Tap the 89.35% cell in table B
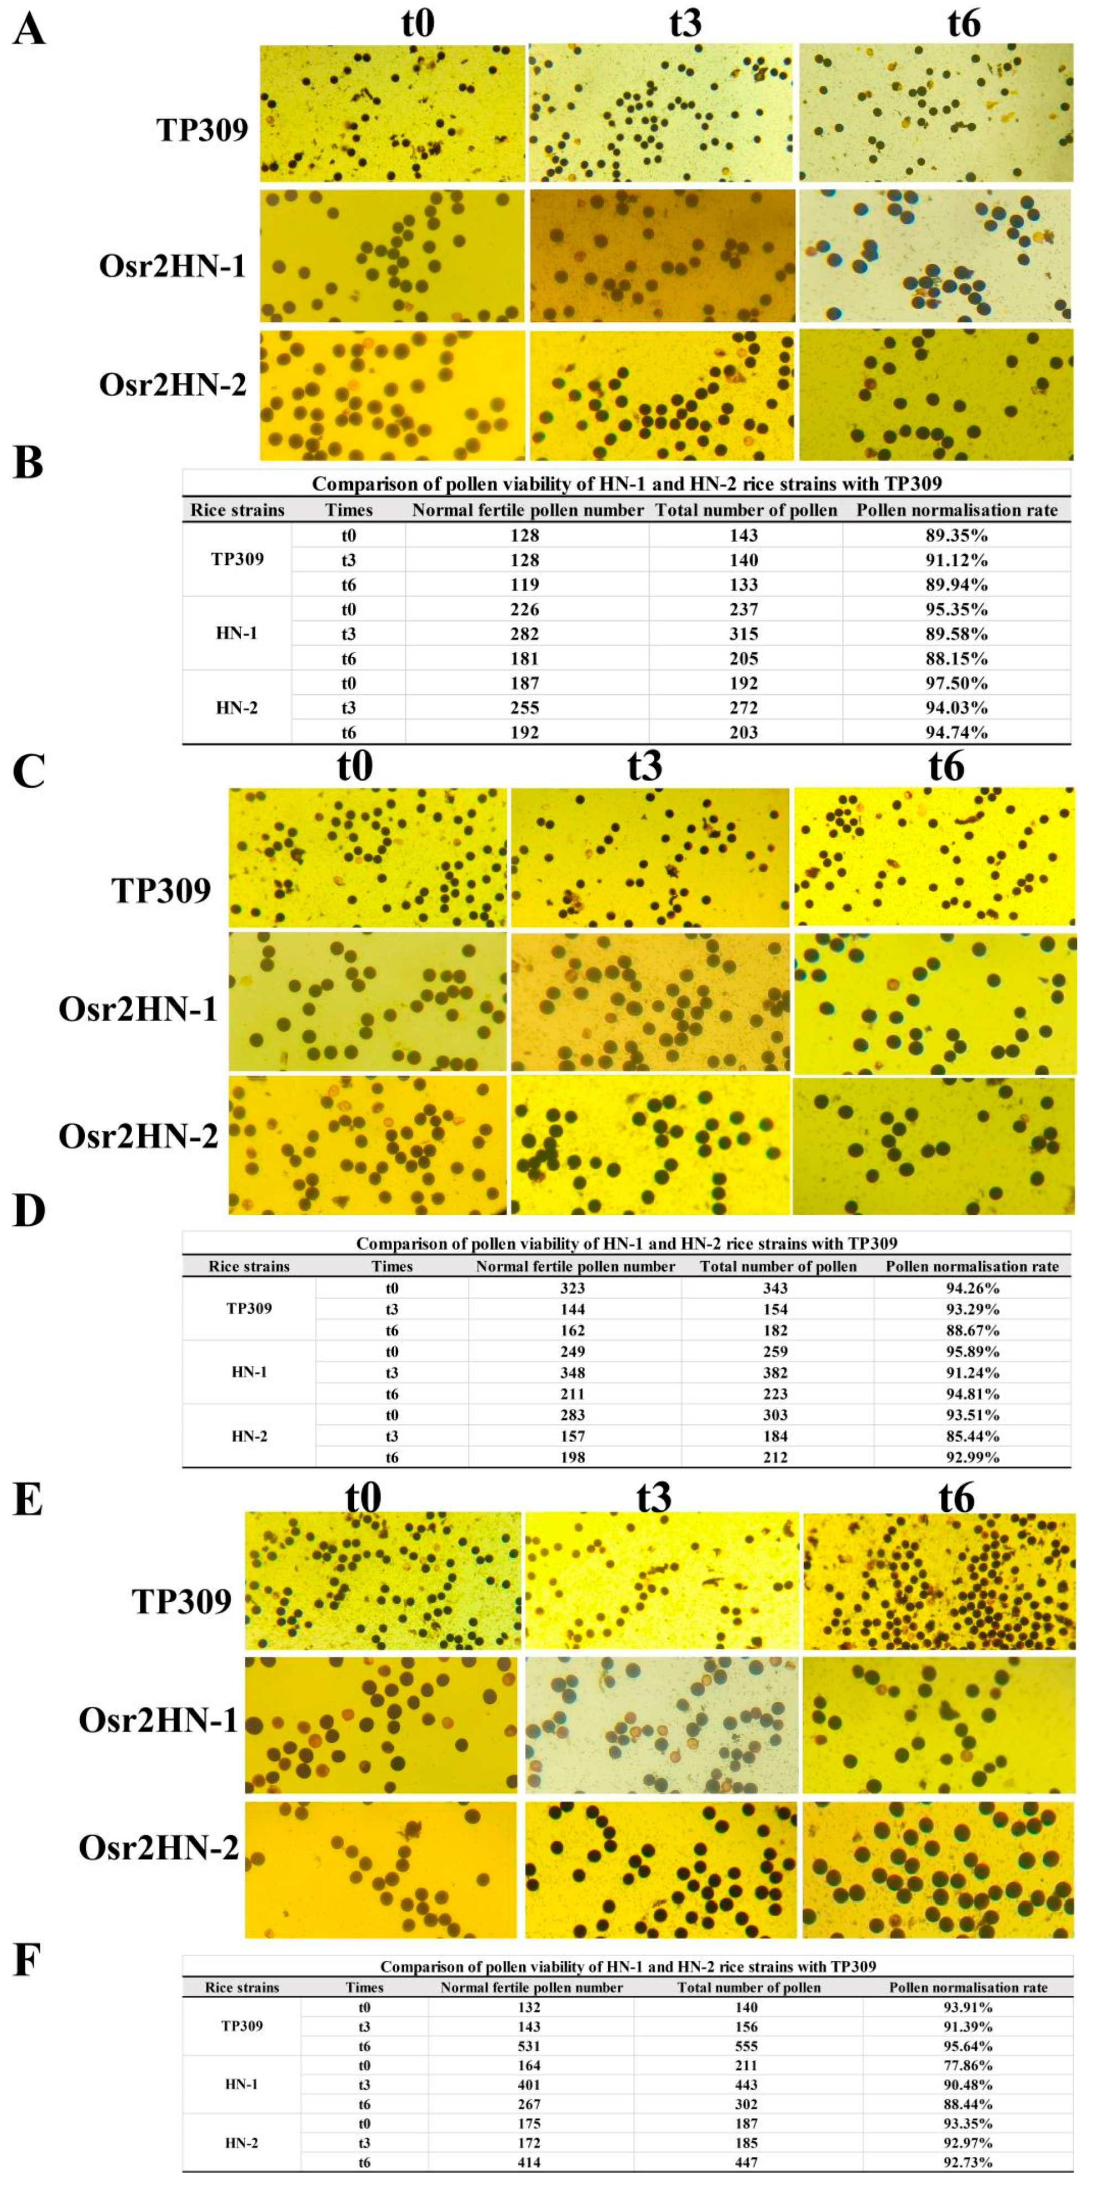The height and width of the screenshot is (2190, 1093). (x=956, y=535)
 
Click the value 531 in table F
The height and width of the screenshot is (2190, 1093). (x=531, y=2046)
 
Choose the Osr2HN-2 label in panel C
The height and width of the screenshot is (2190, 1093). (x=138, y=1137)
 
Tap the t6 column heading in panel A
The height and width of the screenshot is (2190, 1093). (x=964, y=24)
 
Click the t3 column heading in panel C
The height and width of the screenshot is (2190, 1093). (x=645, y=766)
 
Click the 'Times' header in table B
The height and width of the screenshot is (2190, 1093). (x=348, y=510)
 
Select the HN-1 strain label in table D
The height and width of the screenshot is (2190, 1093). (x=248, y=1372)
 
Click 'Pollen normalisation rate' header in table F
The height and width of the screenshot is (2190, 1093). (x=968, y=1988)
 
